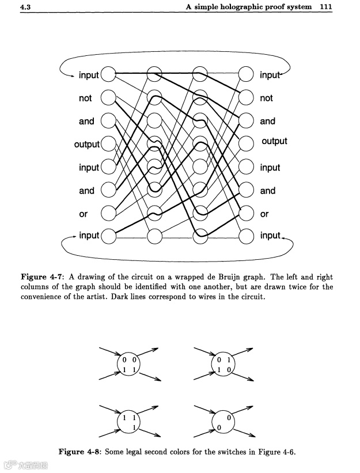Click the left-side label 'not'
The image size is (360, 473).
[x=85, y=99]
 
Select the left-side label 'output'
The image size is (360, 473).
[x=86, y=144]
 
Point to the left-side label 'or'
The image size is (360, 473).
[x=84, y=214]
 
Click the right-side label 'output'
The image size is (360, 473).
[x=274, y=142]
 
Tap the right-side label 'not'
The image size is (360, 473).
[x=266, y=99]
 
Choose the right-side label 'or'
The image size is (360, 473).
[x=264, y=214]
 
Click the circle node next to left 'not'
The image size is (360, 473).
[x=108, y=97]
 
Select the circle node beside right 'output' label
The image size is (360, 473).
[x=246, y=143]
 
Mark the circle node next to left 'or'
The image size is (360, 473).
[x=108, y=213]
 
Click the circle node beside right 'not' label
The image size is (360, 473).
[x=246, y=97]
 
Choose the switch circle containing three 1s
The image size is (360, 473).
[x=128, y=423]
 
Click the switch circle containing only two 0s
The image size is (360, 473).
[x=223, y=423]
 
